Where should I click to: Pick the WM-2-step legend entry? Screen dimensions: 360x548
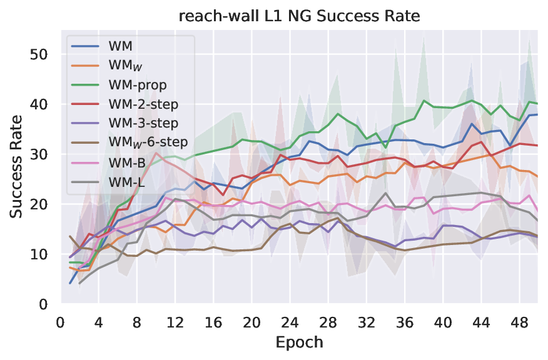(x=143, y=104)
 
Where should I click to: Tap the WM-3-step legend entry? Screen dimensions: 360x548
(x=143, y=122)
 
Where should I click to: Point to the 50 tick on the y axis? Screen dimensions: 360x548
(x=39, y=54)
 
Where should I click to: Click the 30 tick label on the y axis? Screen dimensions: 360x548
(x=39, y=154)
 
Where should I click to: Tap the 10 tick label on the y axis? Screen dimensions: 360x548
(x=39, y=254)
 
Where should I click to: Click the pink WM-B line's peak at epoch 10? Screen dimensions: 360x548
(x=156, y=153)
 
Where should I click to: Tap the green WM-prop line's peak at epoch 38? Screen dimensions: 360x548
(x=424, y=101)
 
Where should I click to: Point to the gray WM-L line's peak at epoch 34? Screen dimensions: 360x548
(x=385, y=193)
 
